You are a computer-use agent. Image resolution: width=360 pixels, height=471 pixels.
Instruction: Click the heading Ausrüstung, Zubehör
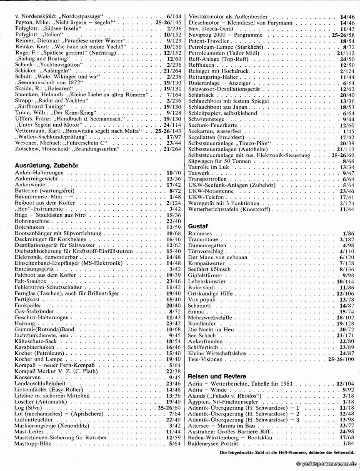point(47,165)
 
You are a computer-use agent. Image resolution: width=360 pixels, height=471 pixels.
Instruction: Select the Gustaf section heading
point(198,226)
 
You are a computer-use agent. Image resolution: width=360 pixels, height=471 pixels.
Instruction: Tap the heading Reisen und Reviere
point(217,376)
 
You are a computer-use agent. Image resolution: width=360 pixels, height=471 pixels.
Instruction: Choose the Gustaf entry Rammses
point(200,233)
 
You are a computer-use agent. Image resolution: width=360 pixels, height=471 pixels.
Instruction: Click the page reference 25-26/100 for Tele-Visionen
point(341,359)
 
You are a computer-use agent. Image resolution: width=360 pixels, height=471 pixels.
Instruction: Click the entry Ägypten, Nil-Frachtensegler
point(224,402)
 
